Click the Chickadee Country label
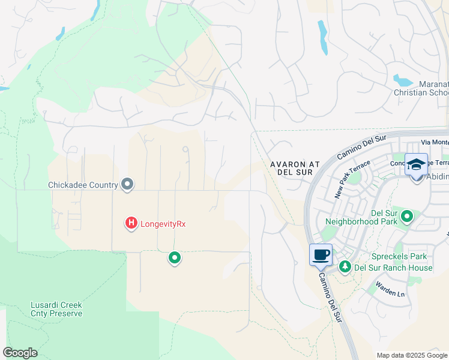[x=83, y=185]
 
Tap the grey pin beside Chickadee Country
[x=127, y=184]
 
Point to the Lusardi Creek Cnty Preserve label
[x=56, y=309]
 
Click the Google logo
[x=20, y=353]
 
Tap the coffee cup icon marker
[x=321, y=254]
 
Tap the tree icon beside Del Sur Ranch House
[x=345, y=266]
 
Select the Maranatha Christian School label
[x=421, y=88]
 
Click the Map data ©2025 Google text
[x=412, y=355]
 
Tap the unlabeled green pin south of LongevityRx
[x=175, y=258]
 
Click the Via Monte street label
[x=435, y=142]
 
